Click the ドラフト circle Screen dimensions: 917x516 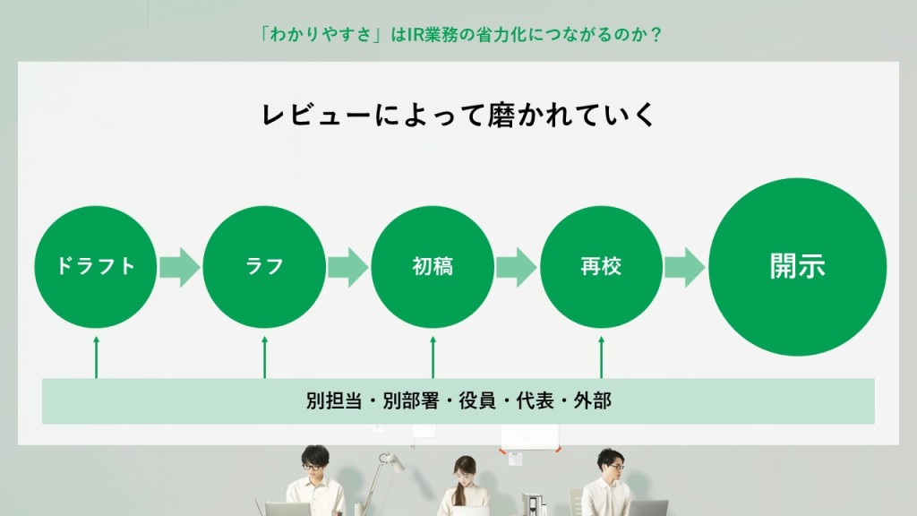pyautogui.click(x=95, y=267)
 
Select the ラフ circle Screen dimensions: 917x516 pyautogui.click(x=264, y=267)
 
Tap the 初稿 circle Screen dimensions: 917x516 pyautogui.click(x=433, y=267)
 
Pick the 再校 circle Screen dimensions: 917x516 pyautogui.click(x=601, y=267)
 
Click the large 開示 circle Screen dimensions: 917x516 pyautogui.click(x=798, y=267)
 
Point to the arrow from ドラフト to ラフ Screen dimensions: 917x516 pyautogui.click(x=179, y=267)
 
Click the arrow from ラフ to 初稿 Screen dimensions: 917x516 pyautogui.click(x=348, y=267)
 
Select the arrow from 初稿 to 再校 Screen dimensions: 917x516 pyautogui.click(x=517, y=267)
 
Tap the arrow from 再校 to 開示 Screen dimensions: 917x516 pyautogui.click(x=685, y=267)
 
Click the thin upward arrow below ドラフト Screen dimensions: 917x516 pyautogui.click(x=97, y=357)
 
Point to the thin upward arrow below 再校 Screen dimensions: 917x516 pyautogui.click(x=601, y=357)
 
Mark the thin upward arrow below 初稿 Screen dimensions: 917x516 pyautogui.click(x=433, y=357)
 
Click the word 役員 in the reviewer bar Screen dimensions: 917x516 pyautogui.click(x=477, y=400)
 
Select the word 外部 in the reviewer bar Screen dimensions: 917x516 pyautogui.click(x=593, y=400)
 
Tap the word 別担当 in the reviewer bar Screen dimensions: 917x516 pyautogui.click(x=334, y=400)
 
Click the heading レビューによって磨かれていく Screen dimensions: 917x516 pyautogui.click(x=458, y=115)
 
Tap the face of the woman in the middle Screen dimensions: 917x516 pyautogui.click(x=465, y=472)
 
